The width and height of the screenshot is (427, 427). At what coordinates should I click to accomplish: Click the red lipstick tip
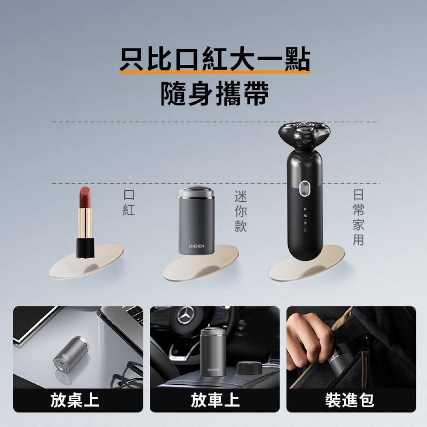(x=85, y=197)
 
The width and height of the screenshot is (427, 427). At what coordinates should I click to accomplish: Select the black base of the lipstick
(x=85, y=248)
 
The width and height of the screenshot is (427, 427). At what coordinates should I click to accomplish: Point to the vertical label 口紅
(x=129, y=202)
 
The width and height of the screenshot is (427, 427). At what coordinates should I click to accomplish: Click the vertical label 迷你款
(x=241, y=211)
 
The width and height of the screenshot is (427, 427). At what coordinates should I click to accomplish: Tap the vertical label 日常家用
(x=359, y=218)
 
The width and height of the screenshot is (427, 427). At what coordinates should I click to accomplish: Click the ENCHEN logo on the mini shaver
(x=196, y=246)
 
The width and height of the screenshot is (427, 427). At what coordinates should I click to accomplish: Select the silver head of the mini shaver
(x=196, y=193)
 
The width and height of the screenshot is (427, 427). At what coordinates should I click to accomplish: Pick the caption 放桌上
(x=75, y=400)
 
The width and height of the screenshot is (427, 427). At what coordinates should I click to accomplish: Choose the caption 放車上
(x=215, y=400)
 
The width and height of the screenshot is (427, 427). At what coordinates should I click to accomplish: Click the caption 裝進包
(x=350, y=400)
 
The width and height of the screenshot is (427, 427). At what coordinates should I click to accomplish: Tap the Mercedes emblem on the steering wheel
(x=185, y=315)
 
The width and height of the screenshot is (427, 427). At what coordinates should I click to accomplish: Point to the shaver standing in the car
(x=213, y=352)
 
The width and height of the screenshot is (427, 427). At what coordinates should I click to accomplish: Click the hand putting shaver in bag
(x=310, y=337)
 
